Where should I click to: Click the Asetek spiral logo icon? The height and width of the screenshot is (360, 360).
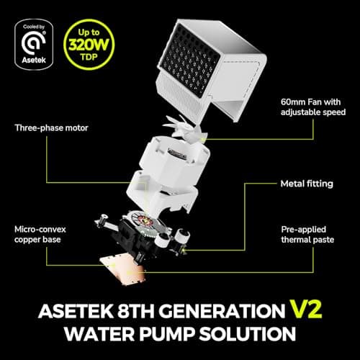pyautogui.click(x=33, y=43)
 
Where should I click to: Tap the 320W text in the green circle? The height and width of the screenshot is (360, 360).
pyautogui.click(x=89, y=45)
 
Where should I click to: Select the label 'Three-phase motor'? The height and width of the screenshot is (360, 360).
pyautogui.click(x=51, y=128)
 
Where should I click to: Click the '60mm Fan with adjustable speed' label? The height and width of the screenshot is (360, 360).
pyautogui.click(x=313, y=107)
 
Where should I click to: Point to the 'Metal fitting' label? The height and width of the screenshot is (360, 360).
pyautogui.click(x=307, y=184)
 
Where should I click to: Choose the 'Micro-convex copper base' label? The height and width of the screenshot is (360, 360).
pyautogui.click(x=40, y=235)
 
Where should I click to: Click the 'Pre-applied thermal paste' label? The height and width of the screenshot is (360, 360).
pyautogui.click(x=307, y=235)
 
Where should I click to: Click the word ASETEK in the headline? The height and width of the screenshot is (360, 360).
pyautogui.click(x=76, y=311)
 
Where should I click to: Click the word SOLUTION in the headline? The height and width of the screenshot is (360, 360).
pyautogui.click(x=248, y=333)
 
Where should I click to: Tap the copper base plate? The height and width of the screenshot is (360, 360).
pyautogui.click(x=124, y=270)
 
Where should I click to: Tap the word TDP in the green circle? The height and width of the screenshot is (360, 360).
pyautogui.click(x=89, y=57)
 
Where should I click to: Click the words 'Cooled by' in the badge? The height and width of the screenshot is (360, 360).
pyautogui.click(x=34, y=27)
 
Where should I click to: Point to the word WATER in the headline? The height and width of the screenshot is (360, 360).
pyautogui.click(x=99, y=333)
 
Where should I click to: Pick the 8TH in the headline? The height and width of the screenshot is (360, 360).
pyautogui.click(x=136, y=311)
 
